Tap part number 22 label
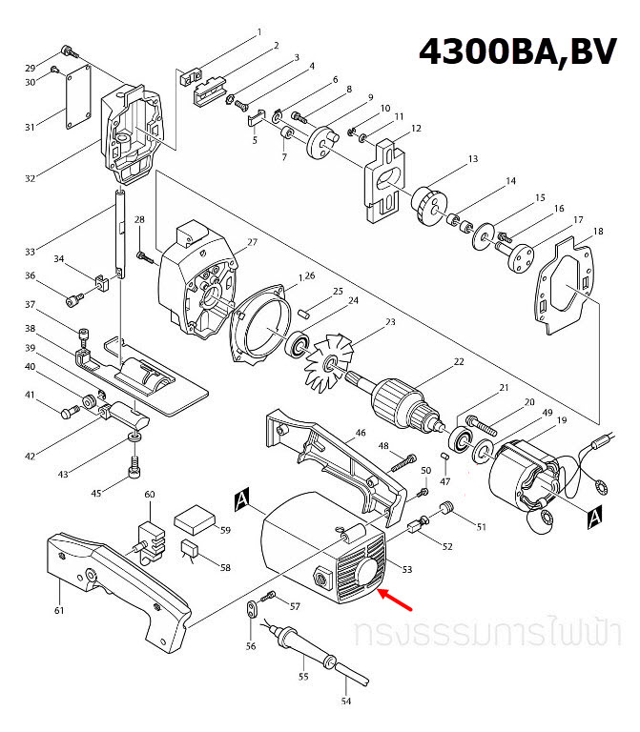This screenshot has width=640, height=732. click(458, 361)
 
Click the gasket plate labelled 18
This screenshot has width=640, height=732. click(567, 286)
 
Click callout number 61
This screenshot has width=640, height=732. click(58, 610)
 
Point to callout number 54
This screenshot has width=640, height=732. click(346, 701)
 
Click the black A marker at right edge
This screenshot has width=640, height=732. click(594, 517)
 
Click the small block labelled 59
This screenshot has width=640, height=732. click(194, 520)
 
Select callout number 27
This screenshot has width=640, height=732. click(253, 243)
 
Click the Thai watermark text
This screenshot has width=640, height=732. click(485, 634)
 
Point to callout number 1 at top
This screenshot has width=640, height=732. click(258, 32)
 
